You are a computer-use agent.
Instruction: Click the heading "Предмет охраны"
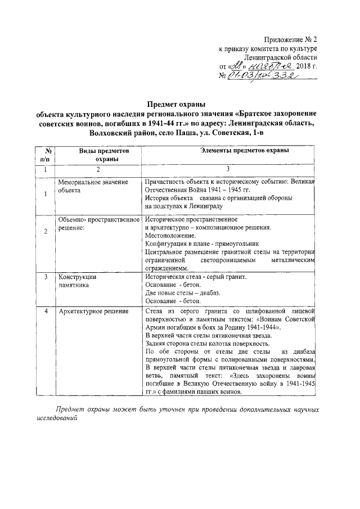click(x=177, y=104)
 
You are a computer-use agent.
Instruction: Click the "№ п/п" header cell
click(x=48, y=155)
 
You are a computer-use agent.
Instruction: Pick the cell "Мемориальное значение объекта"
click(x=93, y=186)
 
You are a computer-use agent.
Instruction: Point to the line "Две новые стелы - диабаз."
click(x=182, y=293)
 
